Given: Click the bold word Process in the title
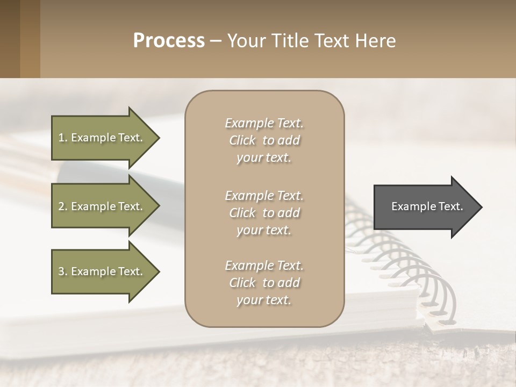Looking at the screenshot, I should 169,41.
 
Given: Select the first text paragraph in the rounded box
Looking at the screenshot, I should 264,140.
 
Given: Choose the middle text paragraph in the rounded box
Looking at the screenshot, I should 264,213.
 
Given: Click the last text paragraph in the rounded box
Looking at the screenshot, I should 264,283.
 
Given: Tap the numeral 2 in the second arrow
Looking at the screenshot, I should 61,206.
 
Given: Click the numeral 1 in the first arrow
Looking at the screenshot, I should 61,138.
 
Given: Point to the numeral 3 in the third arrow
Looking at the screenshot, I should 61,271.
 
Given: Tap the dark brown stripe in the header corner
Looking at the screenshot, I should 10,39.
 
